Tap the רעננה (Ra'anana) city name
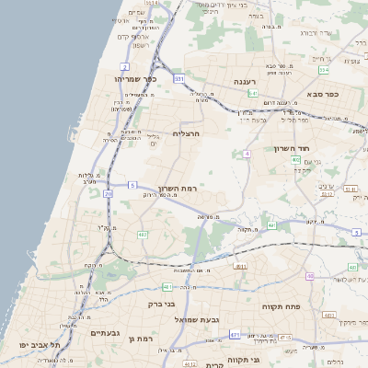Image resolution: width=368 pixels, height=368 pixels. pyautogui.click(x=244, y=82)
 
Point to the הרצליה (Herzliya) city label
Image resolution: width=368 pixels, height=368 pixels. pyautogui.click(x=187, y=134)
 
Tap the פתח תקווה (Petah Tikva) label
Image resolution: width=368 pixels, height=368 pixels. pyautogui.click(x=277, y=305)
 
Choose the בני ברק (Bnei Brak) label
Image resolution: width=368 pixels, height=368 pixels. pyautogui.click(x=162, y=303)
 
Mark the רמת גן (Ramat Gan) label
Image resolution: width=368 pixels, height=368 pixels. pyautogui.click(x=143, y=339)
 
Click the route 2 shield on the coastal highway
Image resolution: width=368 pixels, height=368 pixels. pyautogui.click(x=124, y=67)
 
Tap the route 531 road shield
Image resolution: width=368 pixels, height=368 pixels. pyautogui.click(x=179, y=79)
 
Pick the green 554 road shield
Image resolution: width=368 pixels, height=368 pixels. pyautogui.click(x=324, y=70)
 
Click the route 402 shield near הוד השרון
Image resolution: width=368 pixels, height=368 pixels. pyautogui.click(x=296, y=159)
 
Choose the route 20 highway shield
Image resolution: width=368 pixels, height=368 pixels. pyautogui.click(x=109, y=193)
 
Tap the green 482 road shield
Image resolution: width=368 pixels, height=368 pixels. pyautogui.click(x=143, y=236)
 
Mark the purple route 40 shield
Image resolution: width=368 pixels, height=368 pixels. pyautogui.click(x=310, y=276)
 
